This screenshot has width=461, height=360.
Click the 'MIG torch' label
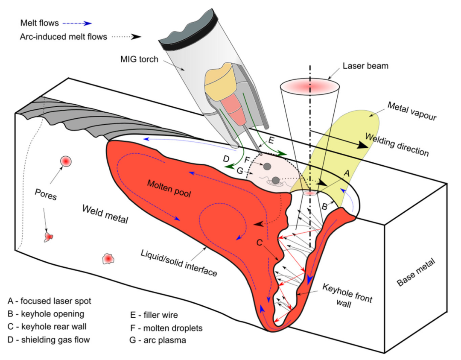[139, 59]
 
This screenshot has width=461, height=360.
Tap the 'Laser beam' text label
[365, 66]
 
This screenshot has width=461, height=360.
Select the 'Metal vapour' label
[412, 111]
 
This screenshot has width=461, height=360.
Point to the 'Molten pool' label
[169, 188]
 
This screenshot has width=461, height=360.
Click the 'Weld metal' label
[105, 214]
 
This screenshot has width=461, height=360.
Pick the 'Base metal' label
[416, 272]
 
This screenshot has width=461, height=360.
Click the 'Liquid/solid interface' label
[179, 263]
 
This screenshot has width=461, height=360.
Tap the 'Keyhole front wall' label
[347, 296]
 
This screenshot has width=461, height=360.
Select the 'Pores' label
[46, 194]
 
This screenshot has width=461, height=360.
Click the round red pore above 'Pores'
[66, 161]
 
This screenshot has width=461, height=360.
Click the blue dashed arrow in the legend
[77, 23]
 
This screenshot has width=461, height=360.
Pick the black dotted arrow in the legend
[127, 37]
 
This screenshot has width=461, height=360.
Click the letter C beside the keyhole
[259, 243]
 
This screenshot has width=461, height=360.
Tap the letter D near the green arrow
[226, 159]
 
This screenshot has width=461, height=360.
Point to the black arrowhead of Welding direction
[362, 144]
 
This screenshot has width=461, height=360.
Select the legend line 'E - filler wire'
[154, 315]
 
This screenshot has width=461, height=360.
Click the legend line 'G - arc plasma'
[158, 340]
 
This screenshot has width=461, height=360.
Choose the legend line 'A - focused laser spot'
[50, 301]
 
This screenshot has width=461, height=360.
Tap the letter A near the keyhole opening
[347, 173]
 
